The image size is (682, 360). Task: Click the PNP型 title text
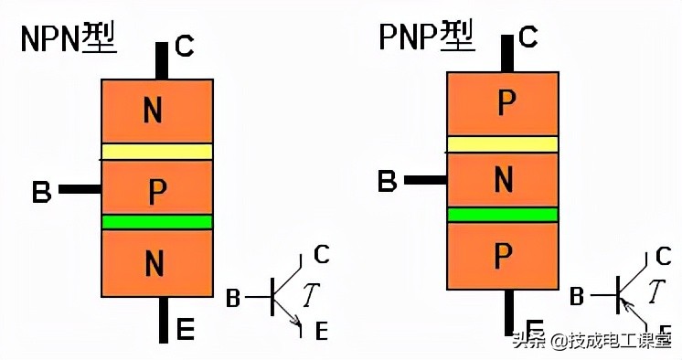(426, 37)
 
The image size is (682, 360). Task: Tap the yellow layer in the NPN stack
(157, 152)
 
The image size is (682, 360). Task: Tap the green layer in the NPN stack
(157, 222)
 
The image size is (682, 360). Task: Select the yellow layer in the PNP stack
(502, 143)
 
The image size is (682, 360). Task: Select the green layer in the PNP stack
(502, 214)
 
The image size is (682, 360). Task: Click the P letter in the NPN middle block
(157, 190)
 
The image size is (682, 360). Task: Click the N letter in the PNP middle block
(503, 180)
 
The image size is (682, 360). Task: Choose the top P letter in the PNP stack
(504, 104)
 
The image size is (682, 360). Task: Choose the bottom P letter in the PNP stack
(503, 257)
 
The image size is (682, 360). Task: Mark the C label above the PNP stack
(527, 37)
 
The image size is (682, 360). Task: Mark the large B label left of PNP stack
(388, 181)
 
